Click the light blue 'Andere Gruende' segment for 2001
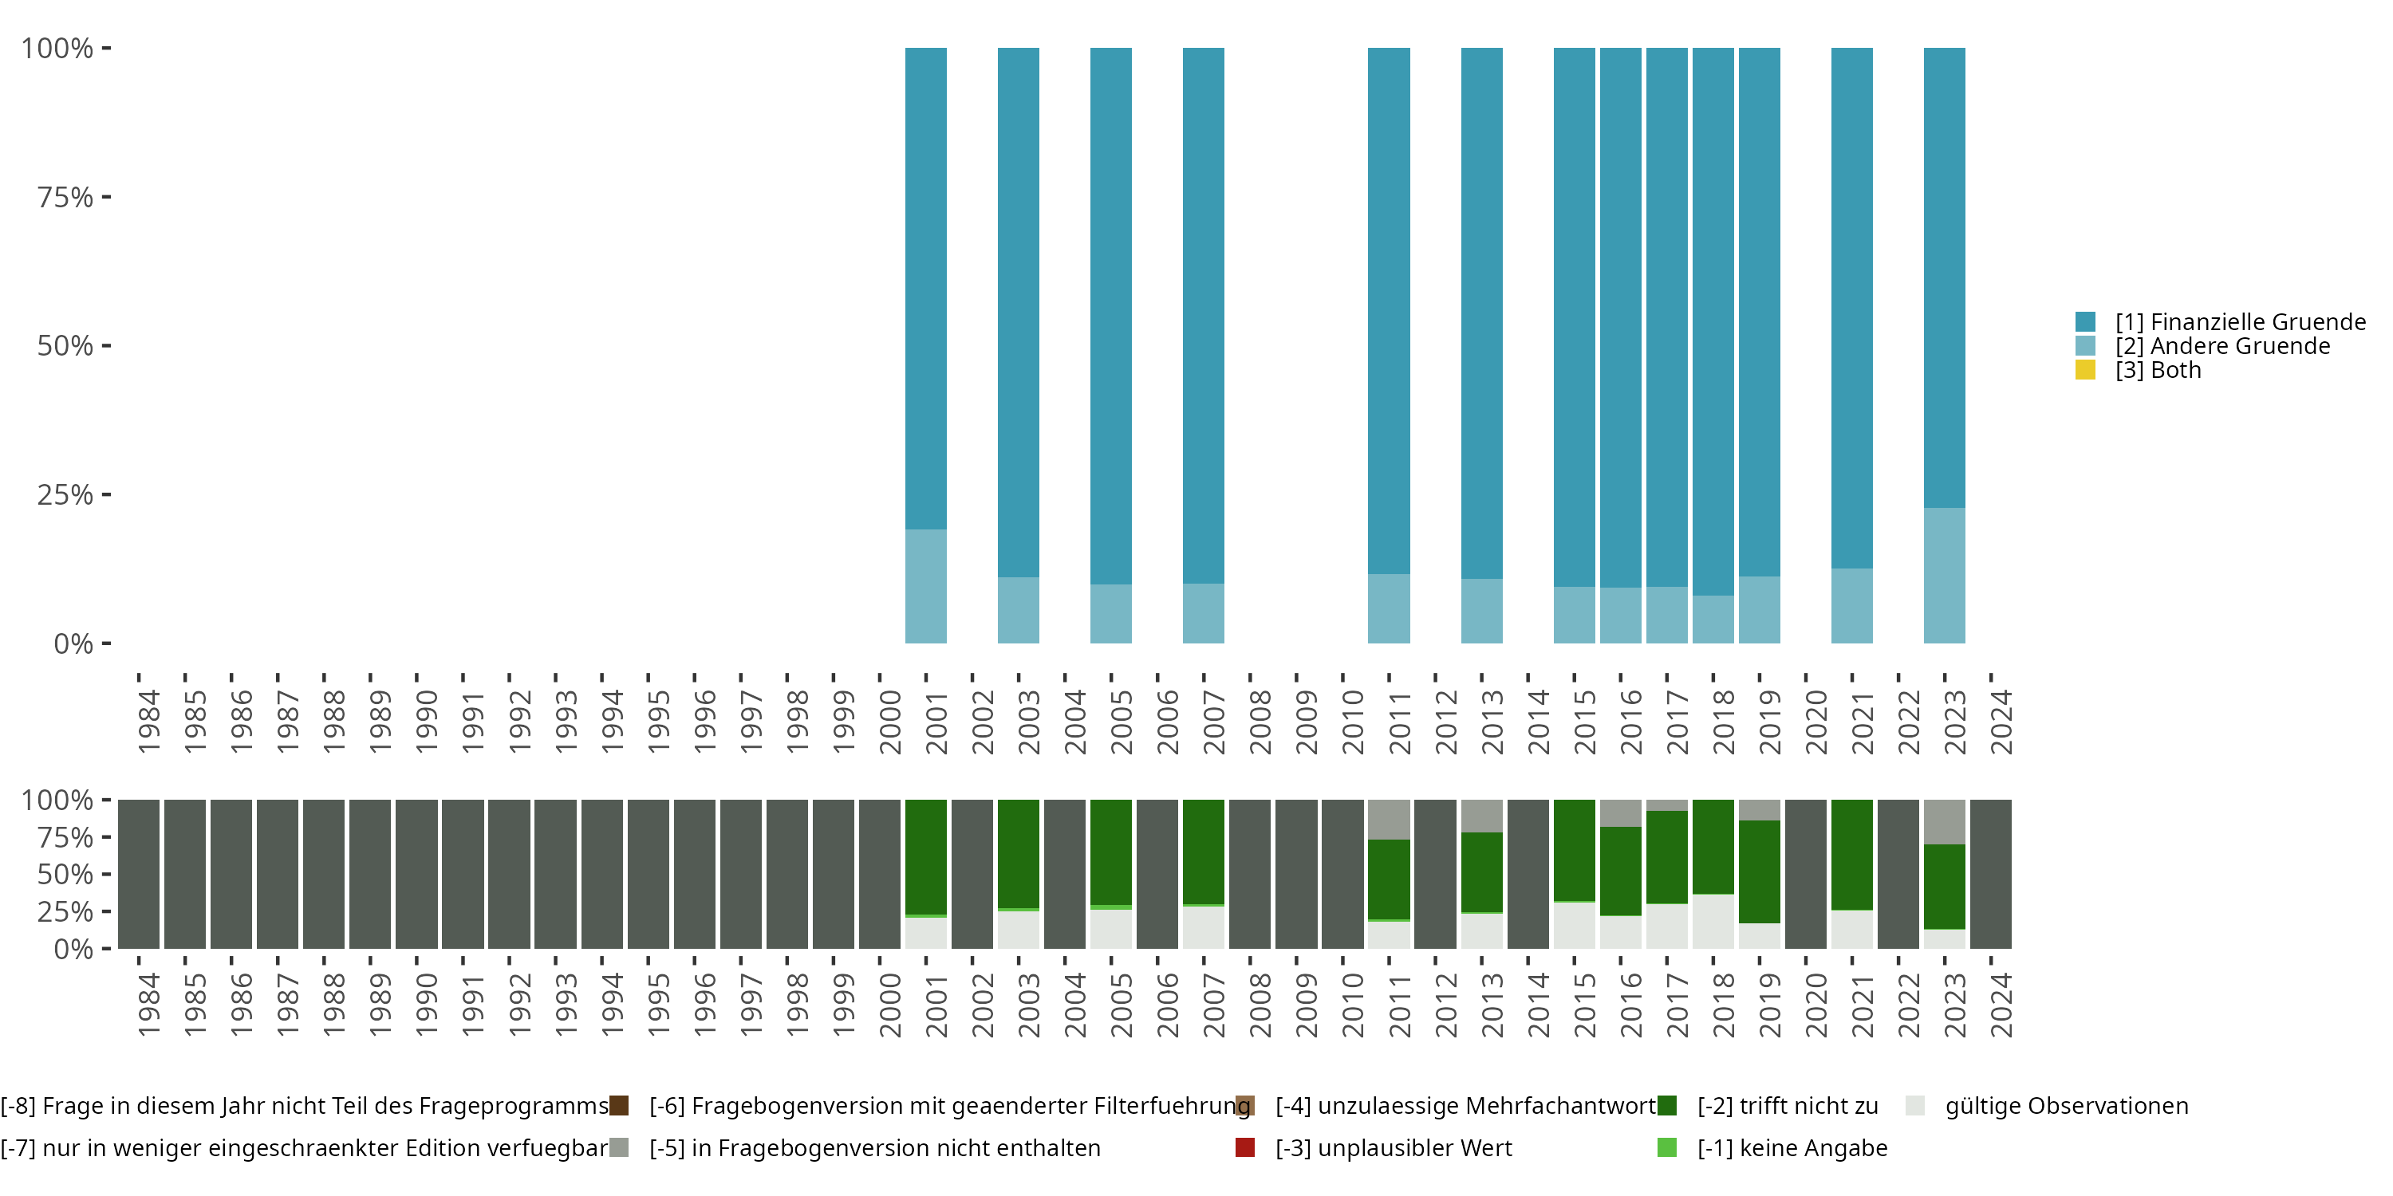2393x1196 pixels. (x=925, y=586)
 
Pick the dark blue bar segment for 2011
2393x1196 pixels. (x=1388, y=310)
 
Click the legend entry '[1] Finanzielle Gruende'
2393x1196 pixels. (x=2240, y=322)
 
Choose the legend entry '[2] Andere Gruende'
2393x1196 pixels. (x=2222, y=346)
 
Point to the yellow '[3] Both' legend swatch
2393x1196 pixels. (x=2086, y=371)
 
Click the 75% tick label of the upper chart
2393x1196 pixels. (x=65, y=197)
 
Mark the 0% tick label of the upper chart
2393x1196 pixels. (x=73, y=643)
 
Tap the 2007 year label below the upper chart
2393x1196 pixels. (x=1213, y=722)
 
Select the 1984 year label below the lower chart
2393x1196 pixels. (x=148, y=1005)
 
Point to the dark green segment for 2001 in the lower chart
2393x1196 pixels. (x=925, y=856)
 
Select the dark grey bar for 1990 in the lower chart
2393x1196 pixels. (x=416, y=874)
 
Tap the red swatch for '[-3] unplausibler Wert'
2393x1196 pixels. (x=1245, y=1147)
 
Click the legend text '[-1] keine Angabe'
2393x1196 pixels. (x=1792, y=1147)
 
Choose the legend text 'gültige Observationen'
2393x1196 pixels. (x=2066, y=1106)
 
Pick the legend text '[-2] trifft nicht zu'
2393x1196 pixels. (x=1788, y=1106)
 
